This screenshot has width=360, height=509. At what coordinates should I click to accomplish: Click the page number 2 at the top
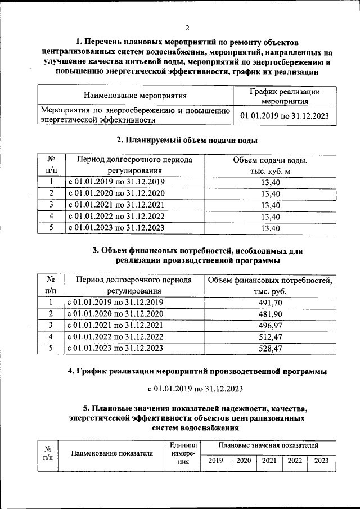(x=188, y=29)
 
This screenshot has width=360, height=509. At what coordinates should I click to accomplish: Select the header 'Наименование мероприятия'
(x=135, y=96)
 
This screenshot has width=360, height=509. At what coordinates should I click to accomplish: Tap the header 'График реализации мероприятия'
(x=284, y=96)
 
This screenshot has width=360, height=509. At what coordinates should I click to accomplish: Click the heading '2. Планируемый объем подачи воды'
(x=187, y=140)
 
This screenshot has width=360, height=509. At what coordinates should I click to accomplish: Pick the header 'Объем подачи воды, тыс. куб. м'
(x=271, y=165)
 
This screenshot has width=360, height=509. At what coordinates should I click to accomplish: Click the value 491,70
(x=271, y=303)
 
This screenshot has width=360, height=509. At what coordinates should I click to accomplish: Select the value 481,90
(x=271, y=314)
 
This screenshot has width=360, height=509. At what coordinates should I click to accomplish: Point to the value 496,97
(x=271, y=326)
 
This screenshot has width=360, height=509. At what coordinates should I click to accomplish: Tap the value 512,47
(x=271, y=337)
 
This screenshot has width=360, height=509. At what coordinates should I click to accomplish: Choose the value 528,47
(x=271, y=349)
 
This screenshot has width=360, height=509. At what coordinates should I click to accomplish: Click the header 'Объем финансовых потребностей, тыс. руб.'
(x=271, y=286)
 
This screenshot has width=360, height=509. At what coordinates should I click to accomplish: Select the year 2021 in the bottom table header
(x=269, y=461)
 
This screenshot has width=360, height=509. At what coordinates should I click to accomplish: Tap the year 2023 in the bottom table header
(x=321, y=461)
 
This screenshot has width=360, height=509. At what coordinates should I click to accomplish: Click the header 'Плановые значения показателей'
(x=269, y=445)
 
